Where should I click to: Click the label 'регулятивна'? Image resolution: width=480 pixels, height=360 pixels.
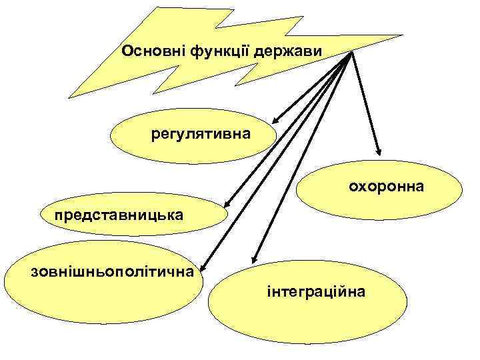[201, 135]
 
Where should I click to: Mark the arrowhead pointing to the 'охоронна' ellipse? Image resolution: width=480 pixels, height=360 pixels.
[377, 150]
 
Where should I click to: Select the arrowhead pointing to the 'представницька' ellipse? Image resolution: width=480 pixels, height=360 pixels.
[226, 203]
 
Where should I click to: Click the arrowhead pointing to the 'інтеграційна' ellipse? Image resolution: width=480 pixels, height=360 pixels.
[253, 259]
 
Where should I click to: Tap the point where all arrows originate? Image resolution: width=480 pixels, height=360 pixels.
[349, 53]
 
